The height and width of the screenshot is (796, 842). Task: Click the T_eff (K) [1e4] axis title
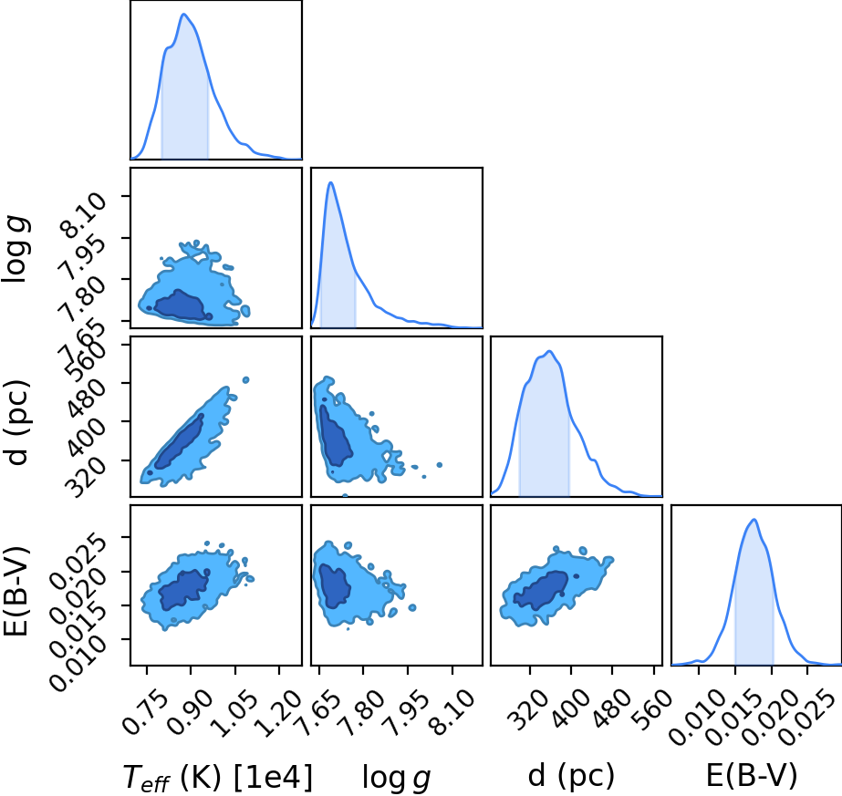tap(217, 777)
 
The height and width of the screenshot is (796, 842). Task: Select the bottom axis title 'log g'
tap(396, 778)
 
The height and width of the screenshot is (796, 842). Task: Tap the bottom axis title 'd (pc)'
tap(571, 776)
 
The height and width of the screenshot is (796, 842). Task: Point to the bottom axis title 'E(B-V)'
tap(752, 776)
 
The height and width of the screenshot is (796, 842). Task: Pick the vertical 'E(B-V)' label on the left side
tap(16, 591)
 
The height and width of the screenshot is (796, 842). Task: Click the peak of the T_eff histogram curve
tap(183, 14)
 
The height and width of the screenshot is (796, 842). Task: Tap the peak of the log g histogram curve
tap(331, 182)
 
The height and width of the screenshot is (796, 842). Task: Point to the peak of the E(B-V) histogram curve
tap(754, 519)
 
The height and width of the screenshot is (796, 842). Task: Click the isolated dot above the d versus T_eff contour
tap(246, 380)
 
